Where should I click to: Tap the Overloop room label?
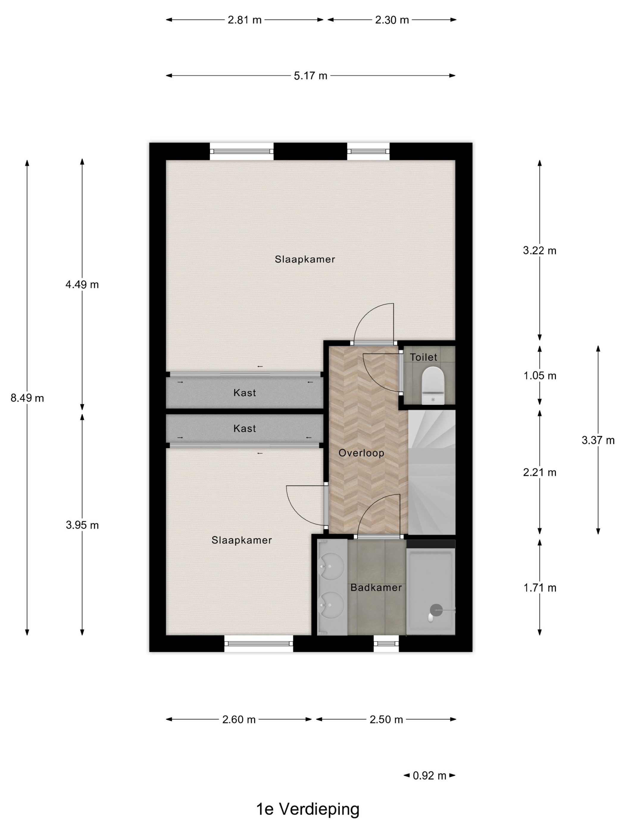pos(361,453)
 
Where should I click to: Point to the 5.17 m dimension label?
pos(310,76)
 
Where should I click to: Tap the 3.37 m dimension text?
pos(598,440)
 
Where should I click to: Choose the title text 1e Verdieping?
pos(308,809)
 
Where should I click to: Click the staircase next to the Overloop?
pos(432,471)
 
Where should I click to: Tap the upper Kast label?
pos(245,393)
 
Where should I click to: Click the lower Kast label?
pos(245,428)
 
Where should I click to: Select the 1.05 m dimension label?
pos(540,376)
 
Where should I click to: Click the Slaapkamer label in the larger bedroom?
pos(304,259)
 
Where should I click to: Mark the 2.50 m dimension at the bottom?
pos(386,719)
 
